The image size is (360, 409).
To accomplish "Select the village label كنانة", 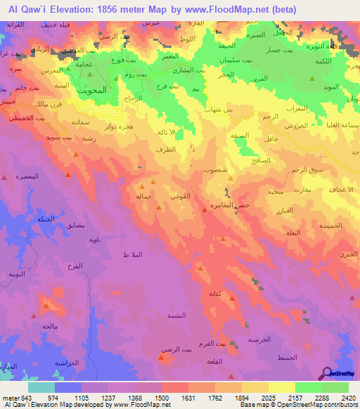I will pyautogui.click(x=217, y=292).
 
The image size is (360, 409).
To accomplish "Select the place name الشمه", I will pyautogui.click(x=176, y=316).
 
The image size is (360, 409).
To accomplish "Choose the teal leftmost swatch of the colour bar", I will pyautogui.click(x=41, y=387).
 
